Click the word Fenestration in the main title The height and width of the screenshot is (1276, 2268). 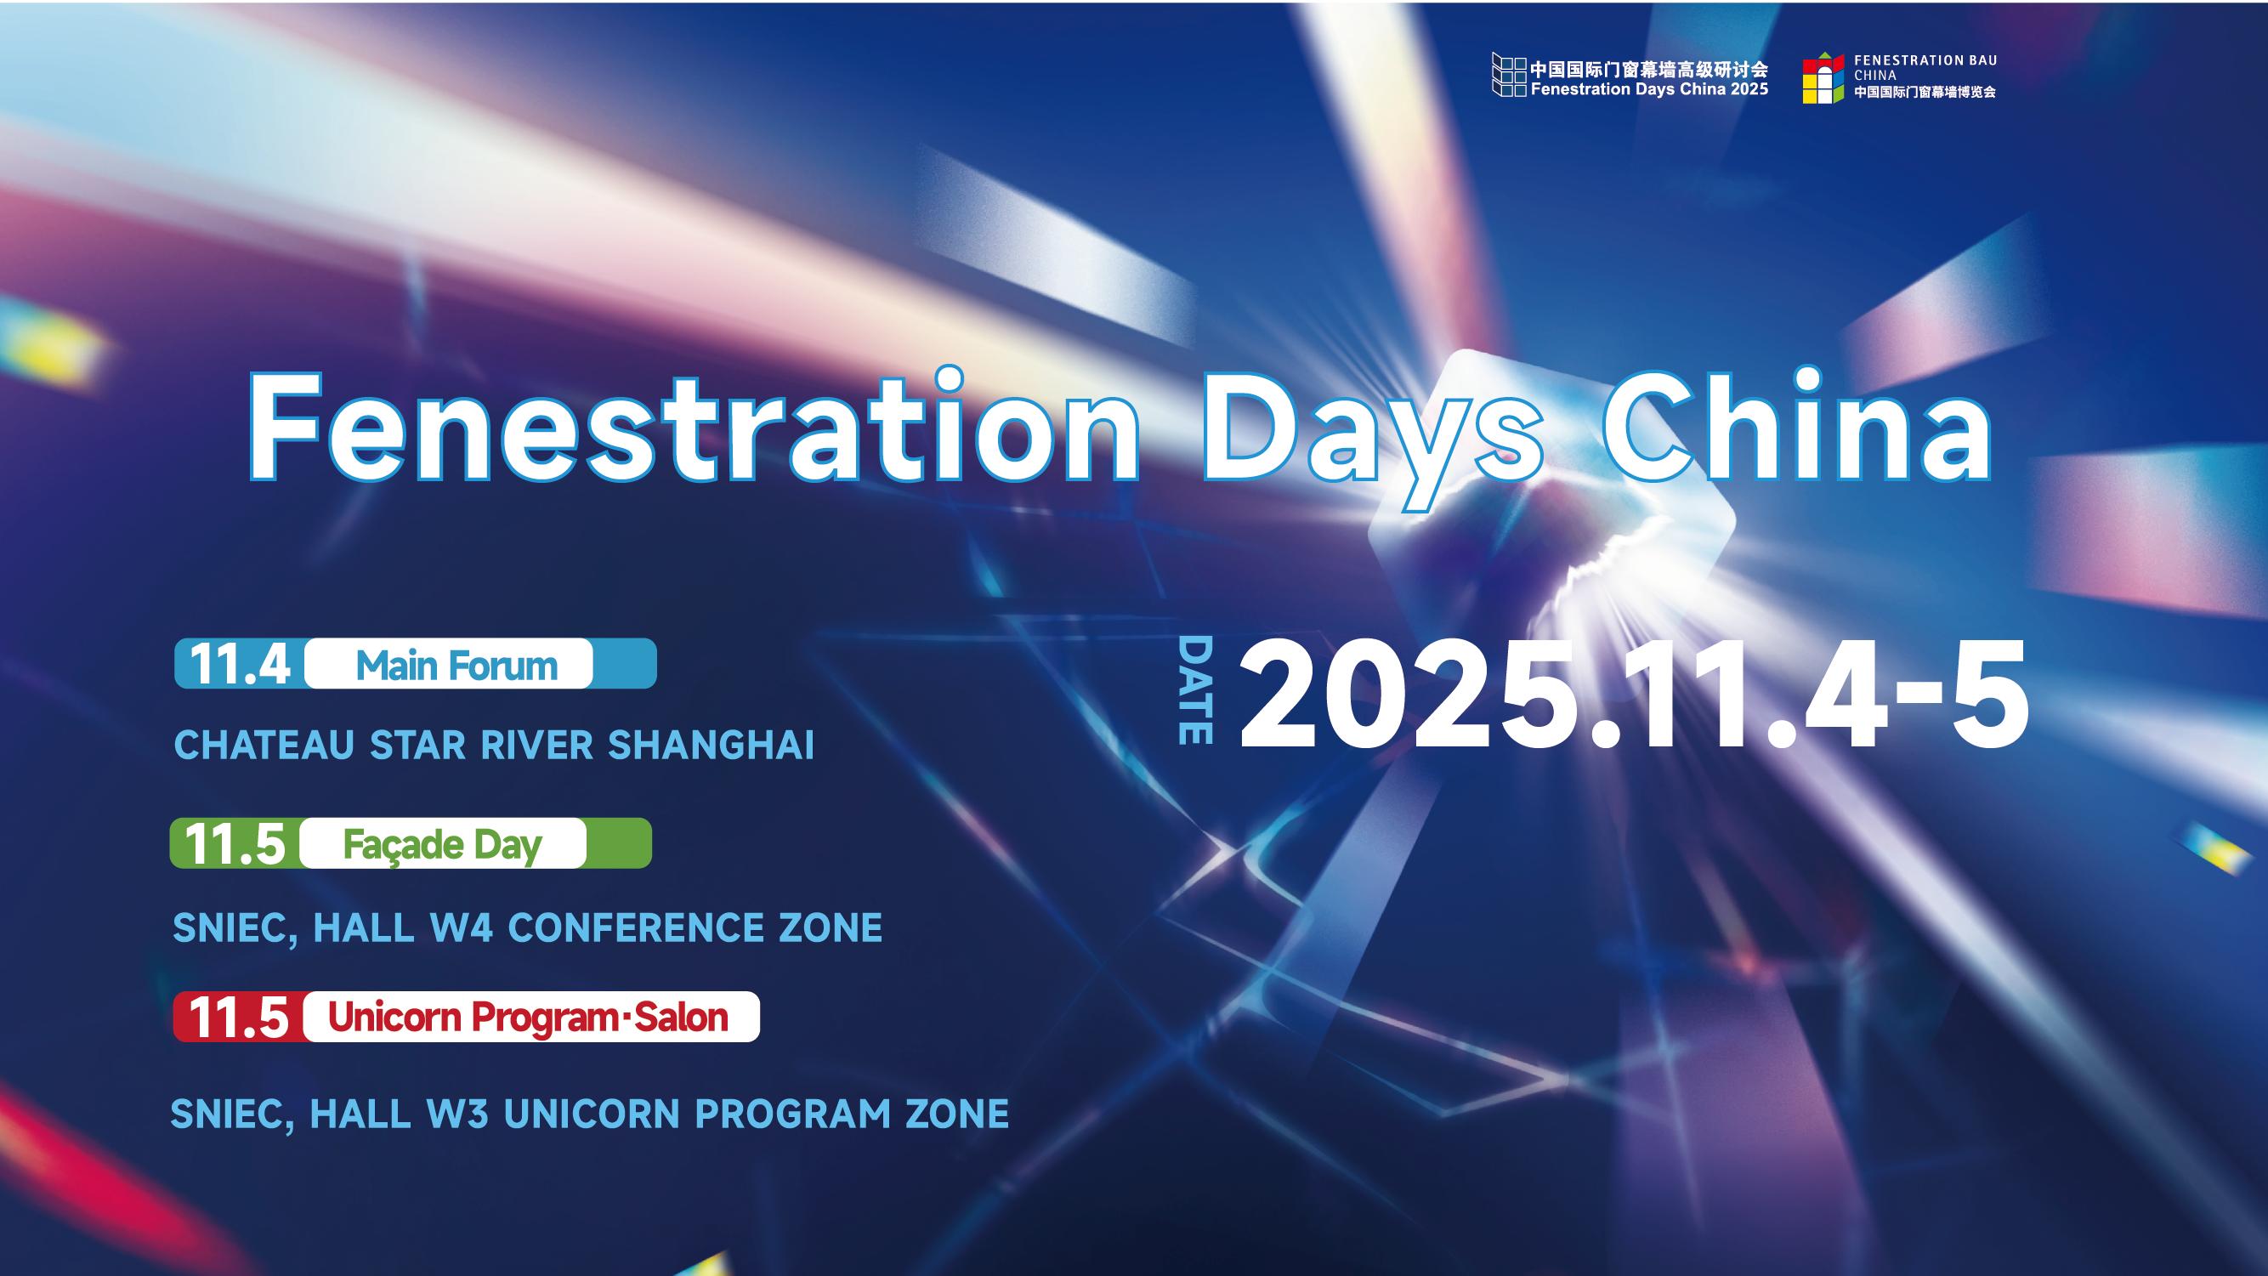[x=694, y=426]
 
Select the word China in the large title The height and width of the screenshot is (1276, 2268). [x=1797, y=425]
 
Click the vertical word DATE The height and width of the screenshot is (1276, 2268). [x=1195, y=689]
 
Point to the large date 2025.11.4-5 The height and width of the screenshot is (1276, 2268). [x=1634, y=694]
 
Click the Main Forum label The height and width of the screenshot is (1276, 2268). [x=456, y=665]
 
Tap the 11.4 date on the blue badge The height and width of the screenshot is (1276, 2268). [x=240, y=664]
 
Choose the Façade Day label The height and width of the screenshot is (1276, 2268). [x=442, y=845]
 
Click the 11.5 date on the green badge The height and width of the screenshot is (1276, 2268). [x=235, y=843]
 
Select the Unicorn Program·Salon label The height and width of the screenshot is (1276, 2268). [x=528, y=1018]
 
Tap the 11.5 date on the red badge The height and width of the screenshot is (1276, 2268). [x=238, y=1018]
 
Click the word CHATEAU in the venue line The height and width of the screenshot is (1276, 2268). [x=264, y=745]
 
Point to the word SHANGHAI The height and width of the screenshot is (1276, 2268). [x=712, y=745]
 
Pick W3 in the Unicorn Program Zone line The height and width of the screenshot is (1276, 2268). [x=457, y=1114]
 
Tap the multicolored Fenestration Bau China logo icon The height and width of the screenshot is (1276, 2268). [x=1823, y=77]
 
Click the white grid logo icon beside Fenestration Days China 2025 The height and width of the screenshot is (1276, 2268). [x=1508, y=75]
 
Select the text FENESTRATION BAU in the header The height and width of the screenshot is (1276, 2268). [x=1925, y=60]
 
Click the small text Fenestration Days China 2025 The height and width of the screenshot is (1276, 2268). [x=1649, y=89]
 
